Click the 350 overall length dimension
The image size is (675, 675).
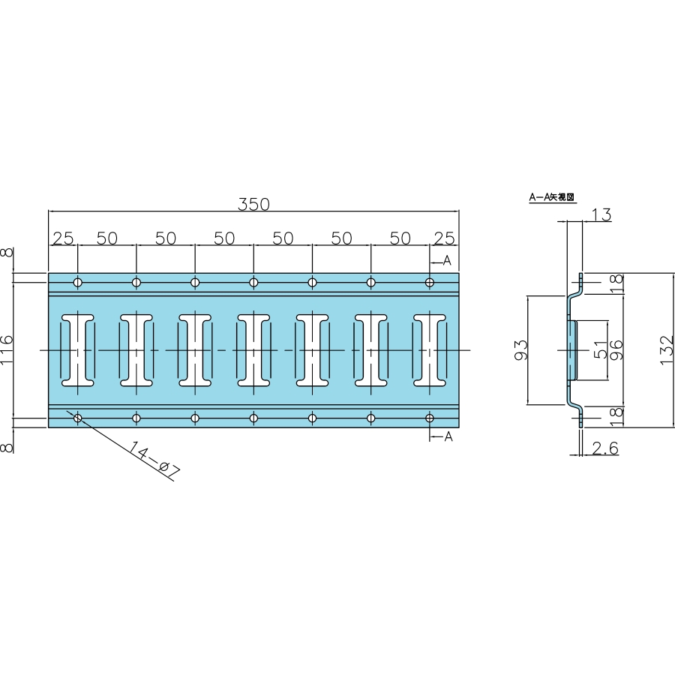253,204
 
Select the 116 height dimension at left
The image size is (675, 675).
7,350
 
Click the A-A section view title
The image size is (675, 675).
552,197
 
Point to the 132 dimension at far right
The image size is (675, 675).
667,350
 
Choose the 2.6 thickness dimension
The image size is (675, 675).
605,448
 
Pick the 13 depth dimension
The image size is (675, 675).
601,214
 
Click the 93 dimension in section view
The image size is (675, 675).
520,350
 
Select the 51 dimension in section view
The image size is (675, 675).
600,350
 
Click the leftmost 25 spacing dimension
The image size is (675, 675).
63,238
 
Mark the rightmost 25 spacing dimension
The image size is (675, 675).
444,238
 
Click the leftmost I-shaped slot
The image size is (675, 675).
78,350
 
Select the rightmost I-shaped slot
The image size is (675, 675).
430,350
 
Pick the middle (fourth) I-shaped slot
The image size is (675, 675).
253,350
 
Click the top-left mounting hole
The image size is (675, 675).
78,283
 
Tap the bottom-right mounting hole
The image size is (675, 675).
430,418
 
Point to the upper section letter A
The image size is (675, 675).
447,260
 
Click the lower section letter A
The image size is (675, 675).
448,436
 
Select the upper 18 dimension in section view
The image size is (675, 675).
616,283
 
